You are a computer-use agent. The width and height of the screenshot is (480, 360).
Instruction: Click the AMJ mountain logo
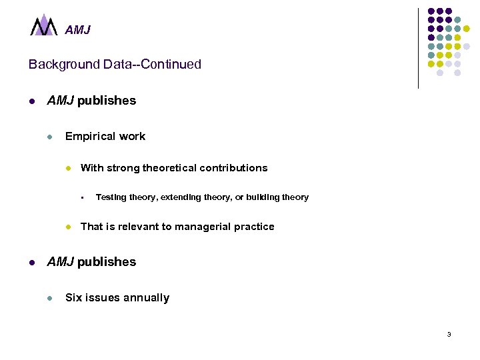(x=45, y=25)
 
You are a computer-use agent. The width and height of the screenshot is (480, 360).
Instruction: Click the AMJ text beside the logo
(x=77, y=30)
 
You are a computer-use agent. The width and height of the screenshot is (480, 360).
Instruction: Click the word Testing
(x=111, y=197)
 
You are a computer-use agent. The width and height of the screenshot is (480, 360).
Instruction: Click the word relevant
(x=136, y=227)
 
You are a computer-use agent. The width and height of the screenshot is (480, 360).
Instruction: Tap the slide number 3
(x=449, y=334)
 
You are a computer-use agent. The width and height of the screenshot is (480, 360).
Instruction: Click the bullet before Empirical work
(x=49, y=137)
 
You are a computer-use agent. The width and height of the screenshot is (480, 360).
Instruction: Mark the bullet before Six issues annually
(x=49, y=298)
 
